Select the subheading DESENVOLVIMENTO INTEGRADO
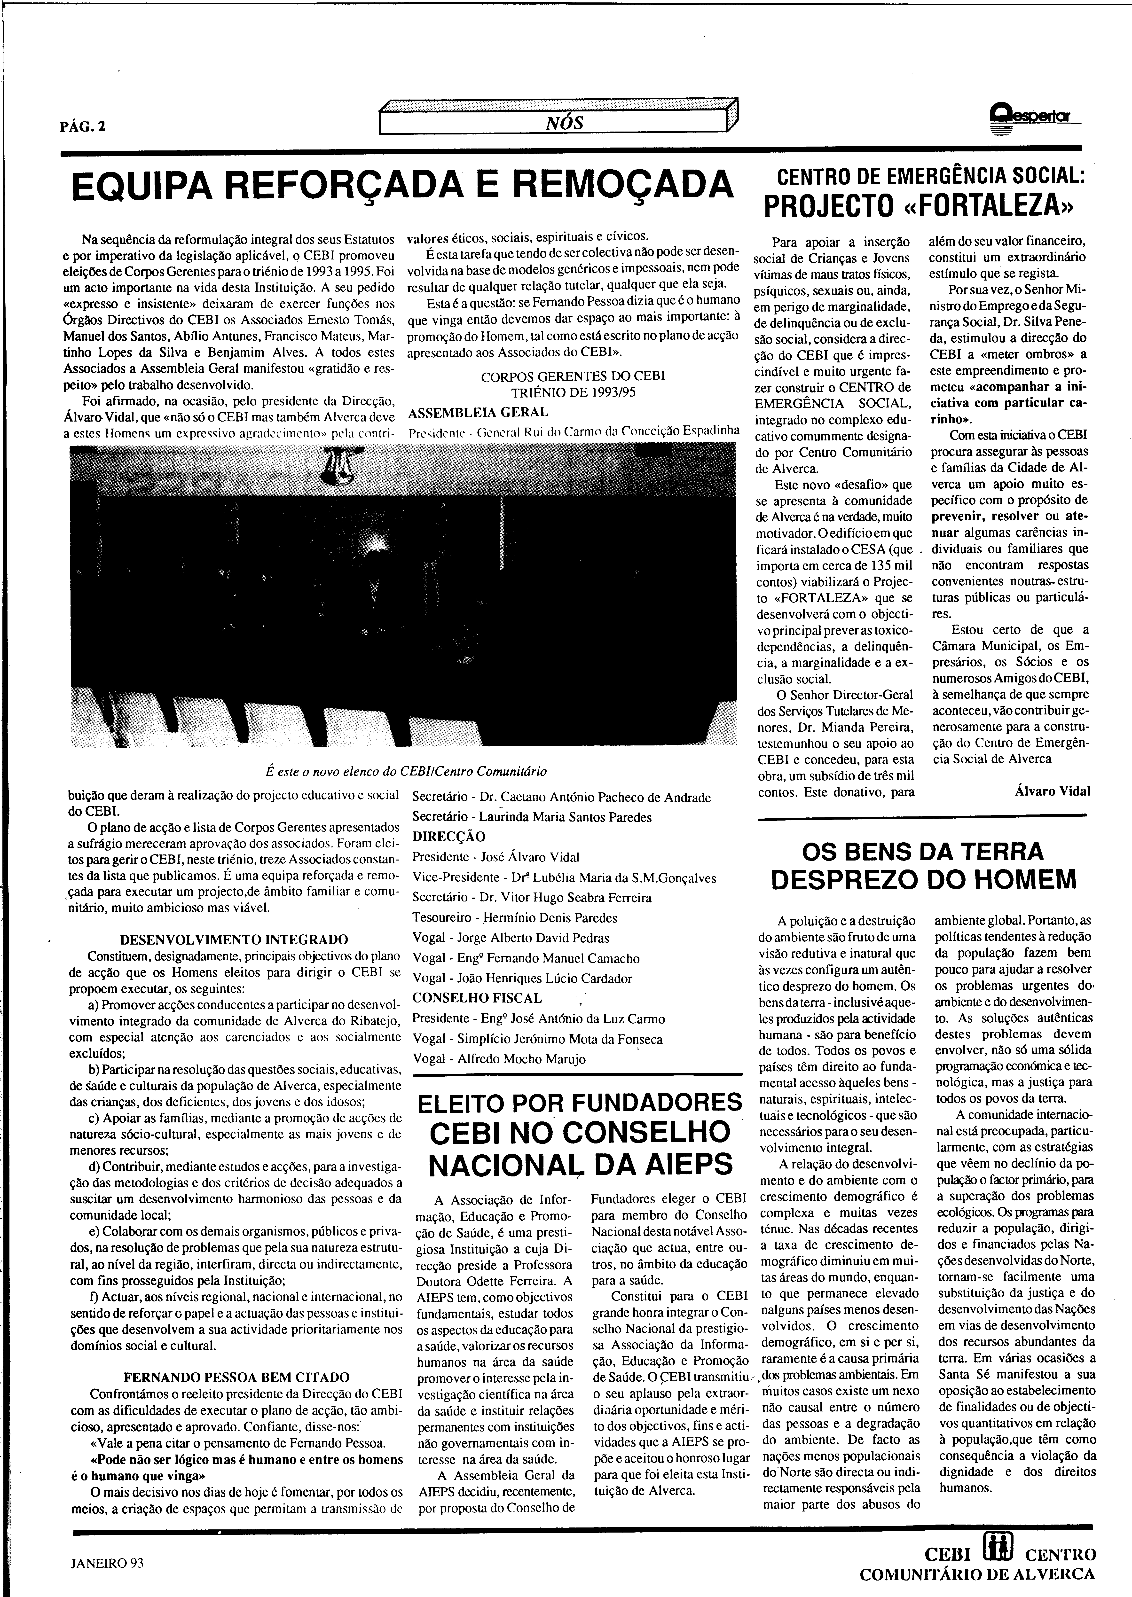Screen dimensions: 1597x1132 pos(234,940)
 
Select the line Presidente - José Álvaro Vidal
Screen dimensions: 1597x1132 pos(495,857)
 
